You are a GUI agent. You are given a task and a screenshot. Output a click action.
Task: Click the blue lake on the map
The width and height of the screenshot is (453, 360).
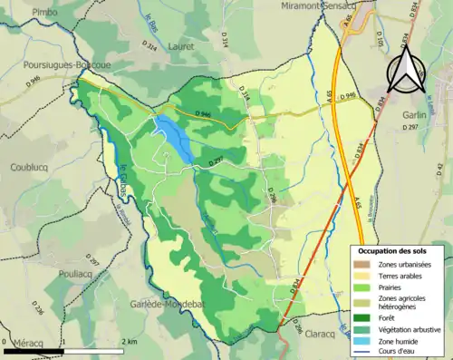(x=174, y=138)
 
